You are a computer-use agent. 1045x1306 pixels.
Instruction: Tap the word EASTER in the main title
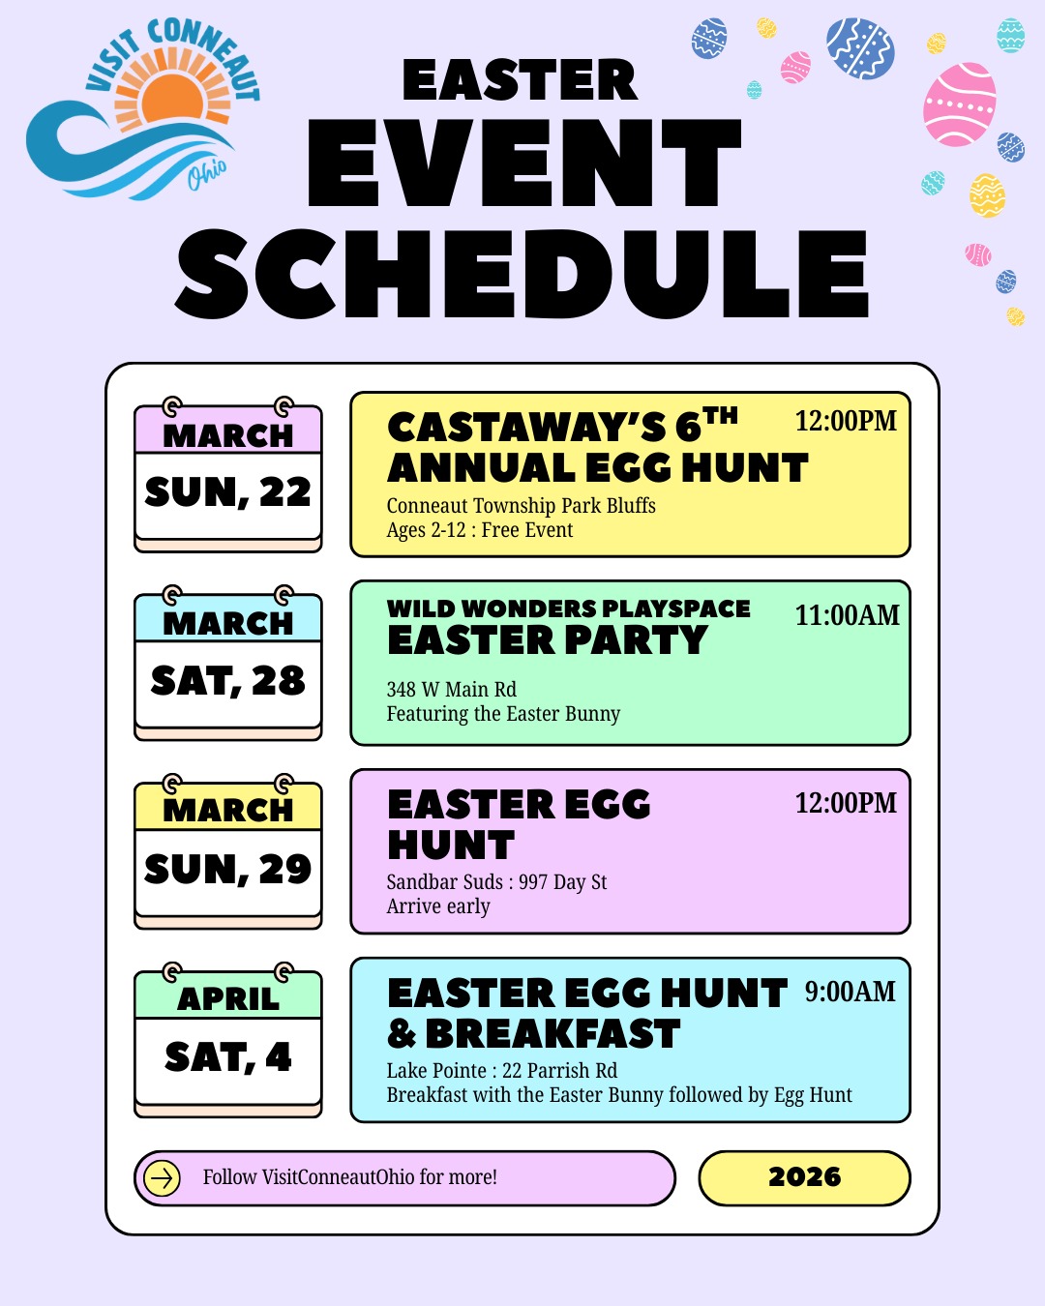coord(520,80)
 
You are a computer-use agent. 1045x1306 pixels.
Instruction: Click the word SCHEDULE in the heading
coord(522,274)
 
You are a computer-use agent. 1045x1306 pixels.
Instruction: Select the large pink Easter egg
coord(959,104)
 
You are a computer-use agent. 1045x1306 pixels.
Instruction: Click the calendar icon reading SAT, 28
coord(228,667)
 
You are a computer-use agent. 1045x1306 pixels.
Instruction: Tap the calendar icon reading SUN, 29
coord(228,855)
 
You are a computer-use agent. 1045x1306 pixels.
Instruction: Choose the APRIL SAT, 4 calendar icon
coord(228,1043)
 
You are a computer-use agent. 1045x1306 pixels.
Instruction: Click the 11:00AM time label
coord(847,615)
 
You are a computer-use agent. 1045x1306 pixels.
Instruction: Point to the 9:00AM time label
coord(851,992)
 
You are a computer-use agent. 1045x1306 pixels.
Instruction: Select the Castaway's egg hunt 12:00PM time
coord(846,421)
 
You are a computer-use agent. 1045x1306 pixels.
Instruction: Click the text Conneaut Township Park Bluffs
coord(521,506)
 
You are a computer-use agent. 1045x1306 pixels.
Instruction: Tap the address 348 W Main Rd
coord(451,690)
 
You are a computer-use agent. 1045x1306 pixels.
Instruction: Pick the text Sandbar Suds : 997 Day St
coord(496,882)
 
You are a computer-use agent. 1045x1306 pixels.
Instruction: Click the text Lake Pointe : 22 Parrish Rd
coord(501,1071)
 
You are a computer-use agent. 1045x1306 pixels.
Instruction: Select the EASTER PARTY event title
coord(548,640)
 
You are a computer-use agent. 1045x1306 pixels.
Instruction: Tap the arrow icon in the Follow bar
coord(162,1178)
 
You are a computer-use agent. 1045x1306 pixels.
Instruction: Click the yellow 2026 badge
coord(804,1178)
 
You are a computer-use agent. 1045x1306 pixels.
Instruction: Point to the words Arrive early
coord(438,906)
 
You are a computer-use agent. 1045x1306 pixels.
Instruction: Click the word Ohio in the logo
coord(207,173)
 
